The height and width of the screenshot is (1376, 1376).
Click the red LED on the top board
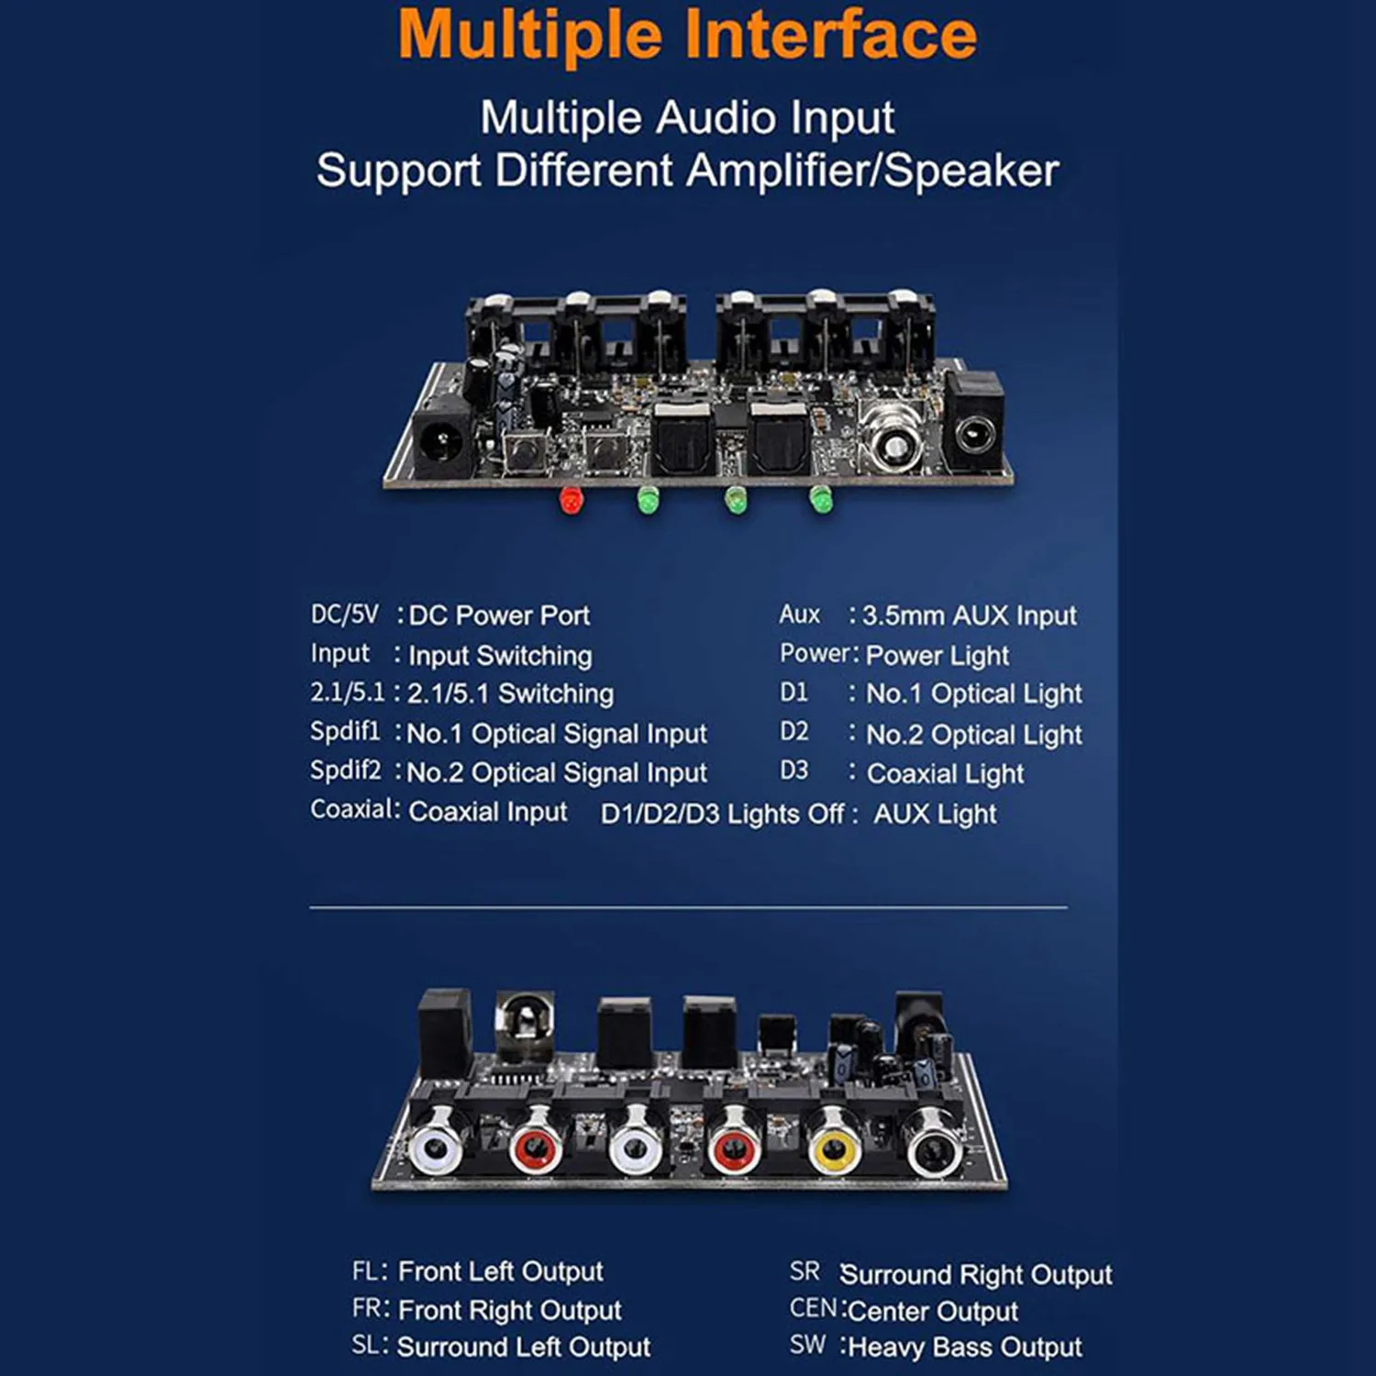click(571, 501)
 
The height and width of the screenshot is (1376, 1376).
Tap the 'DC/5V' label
click(344, 614)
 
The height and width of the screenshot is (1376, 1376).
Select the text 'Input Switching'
click(500, 655)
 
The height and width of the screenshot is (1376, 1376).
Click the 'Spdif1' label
click(344, 731)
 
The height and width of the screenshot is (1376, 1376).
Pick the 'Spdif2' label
click(345, 770)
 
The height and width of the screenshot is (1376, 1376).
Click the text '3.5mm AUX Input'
click(969, 616)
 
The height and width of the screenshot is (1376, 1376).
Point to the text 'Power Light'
click(937, 655)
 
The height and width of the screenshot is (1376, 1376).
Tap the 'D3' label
click(794, 771)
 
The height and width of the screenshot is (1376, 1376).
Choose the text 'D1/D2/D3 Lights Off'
click(722, 814)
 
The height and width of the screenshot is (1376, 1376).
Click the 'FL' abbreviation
click(364, 1271)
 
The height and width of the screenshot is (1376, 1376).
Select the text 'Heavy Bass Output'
click(965, 1347)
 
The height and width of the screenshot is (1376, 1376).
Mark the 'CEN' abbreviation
click(813, 1308)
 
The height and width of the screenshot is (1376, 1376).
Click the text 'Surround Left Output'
click(523, 1347)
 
